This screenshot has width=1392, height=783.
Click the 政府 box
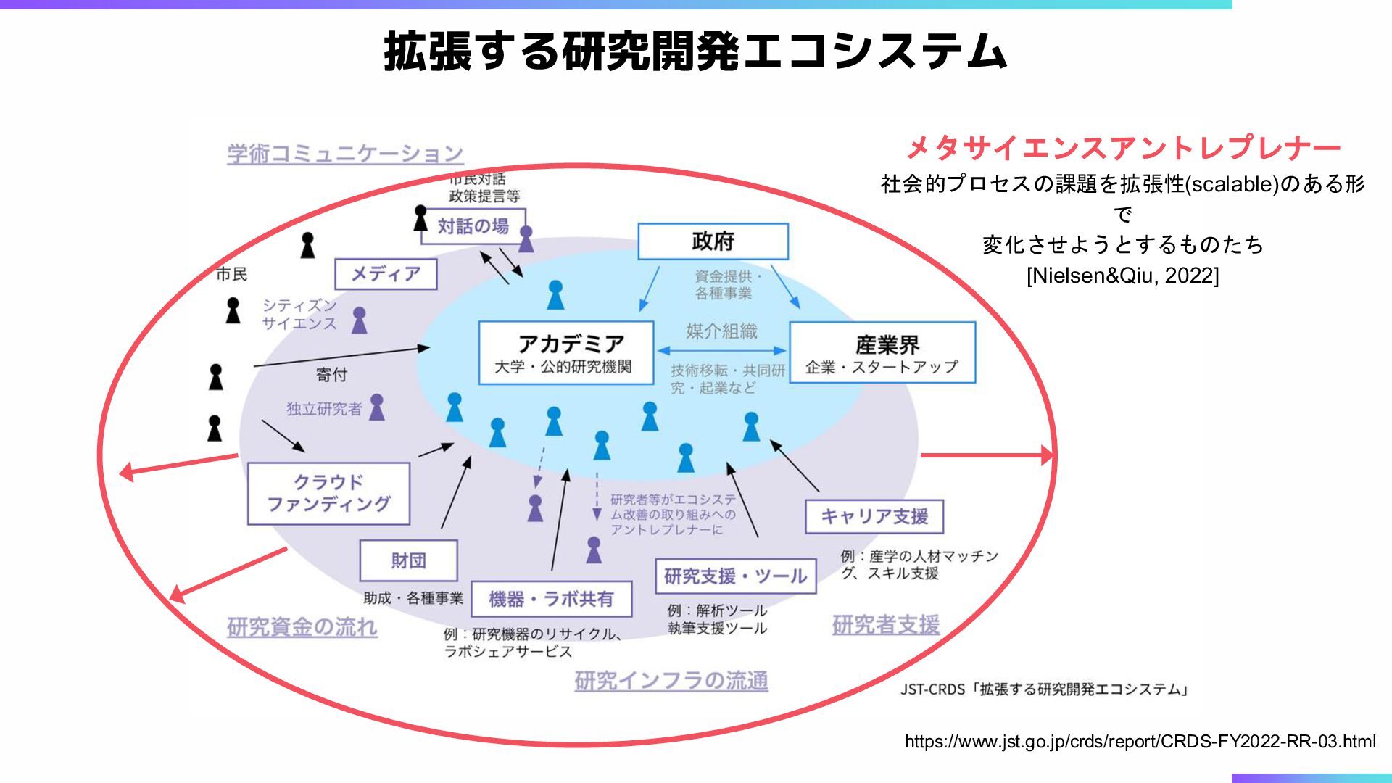[x=713, y=241]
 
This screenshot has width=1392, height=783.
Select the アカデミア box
[x=565, y=352]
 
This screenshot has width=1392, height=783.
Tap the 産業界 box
[x=882, y=353]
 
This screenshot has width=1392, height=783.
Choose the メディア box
[x=386, y=274]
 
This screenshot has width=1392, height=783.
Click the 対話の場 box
[x=473, y=226]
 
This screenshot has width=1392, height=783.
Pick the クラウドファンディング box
[x=328, y=493]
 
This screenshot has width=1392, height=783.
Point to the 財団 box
[x=408, y=560]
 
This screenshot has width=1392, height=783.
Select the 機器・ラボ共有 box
[x=551, y=599]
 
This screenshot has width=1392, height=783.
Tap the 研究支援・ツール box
[x=735, y=576]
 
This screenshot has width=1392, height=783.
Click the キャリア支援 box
[x=874, y=516]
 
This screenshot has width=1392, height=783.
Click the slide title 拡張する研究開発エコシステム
[x=695, y=51]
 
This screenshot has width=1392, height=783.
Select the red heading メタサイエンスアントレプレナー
[x=1123, y=148]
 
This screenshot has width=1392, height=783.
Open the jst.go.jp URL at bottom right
[x=1140, y=741]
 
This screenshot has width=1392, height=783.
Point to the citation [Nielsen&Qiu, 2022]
[x=1122, y=275]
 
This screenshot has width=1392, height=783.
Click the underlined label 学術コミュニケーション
[x=345, y=154]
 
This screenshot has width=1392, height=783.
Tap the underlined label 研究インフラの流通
[x=671, y=681]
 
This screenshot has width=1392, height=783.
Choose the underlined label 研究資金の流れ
[x=302, y=626]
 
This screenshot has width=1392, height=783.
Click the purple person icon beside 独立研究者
[x=377, y=407]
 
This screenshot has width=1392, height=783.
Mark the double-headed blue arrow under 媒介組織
[x=721, y=351]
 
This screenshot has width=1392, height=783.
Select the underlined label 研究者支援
[x=885, y=624]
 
